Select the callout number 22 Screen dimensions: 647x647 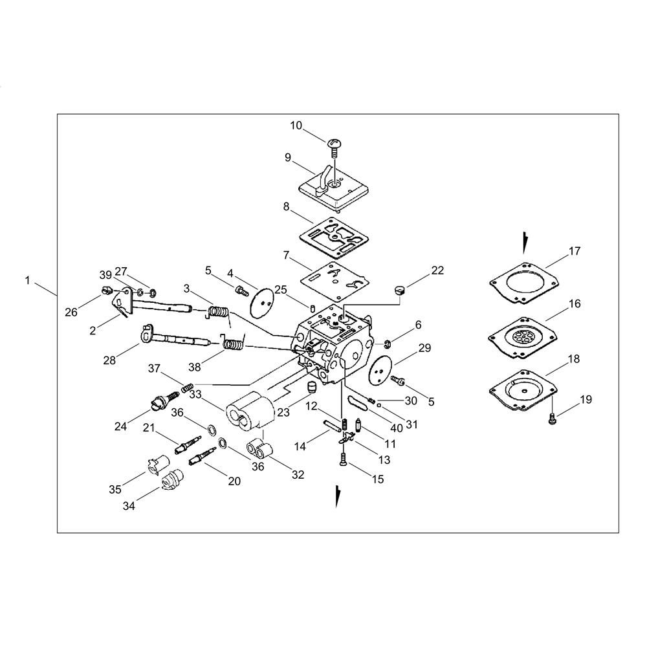click(x=437, y=270)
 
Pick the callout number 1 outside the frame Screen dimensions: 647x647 click(x=27, y=281)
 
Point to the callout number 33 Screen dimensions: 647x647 click(x=195, y=395)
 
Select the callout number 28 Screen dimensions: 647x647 click(x=109, y=360)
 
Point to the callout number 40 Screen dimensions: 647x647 click(x=396, y=428)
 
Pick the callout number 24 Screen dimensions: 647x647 click(x=120, y=426)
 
